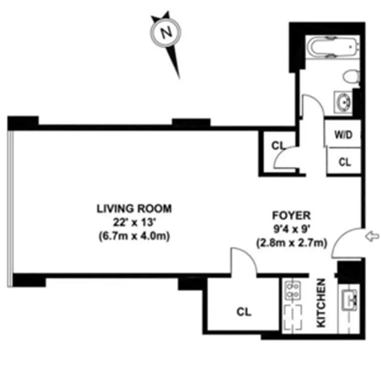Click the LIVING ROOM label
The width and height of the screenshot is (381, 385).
pos(134,209)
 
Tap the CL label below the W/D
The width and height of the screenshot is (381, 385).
pos(344,162)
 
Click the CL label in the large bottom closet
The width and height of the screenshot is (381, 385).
pos(244,312)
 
